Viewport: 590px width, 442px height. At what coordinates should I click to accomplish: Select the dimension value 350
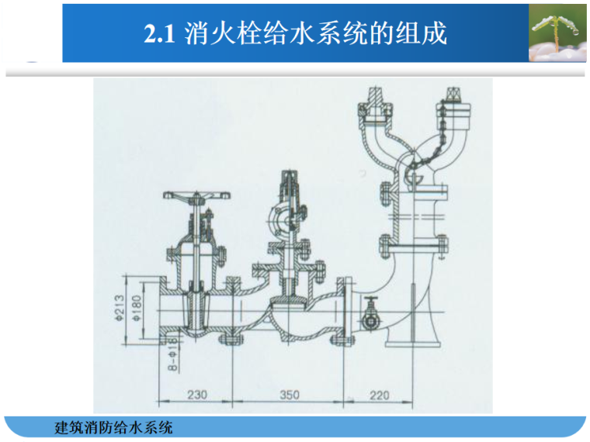tap(289, 395)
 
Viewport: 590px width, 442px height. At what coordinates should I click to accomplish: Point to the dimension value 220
tap(379, 395)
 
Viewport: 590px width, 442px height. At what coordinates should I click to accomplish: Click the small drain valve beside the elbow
tap(372, 316)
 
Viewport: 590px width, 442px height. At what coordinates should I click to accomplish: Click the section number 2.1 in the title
tap(161, 34)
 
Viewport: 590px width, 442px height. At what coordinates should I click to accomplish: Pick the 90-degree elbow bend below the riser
tap(404, 291)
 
